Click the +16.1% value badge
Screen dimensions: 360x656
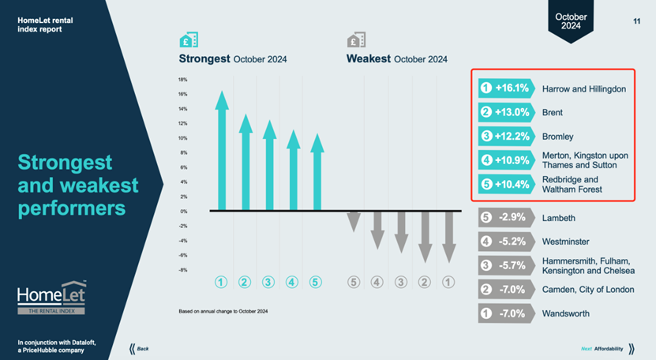pyautogui.click(x=505, y=88)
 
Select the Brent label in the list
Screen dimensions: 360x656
pyautogui.click(x=553, y=113)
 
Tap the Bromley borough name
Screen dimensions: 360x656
pyautogui.click(x=558, y=137)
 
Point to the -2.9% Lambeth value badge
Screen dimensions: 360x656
pyautogui.click(x=505, y=217)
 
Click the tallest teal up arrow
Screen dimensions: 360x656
pyautogui.click(x=222, y=150)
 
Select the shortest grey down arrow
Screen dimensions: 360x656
pyautogui.click(x=354, y=220)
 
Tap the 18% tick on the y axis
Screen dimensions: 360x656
pyautogui.click(x=182, y=80)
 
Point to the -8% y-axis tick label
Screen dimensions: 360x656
pyautogui.click(x=182, y=270)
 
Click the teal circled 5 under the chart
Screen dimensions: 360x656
pyautogui.click(x=316, y=281)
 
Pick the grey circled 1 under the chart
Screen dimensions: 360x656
pyautogui.click(x=448, y=281)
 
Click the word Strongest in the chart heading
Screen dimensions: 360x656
pyautogui.click(x=204, y=59)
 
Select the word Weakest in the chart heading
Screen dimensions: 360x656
pyautogui.click(x=368, y=59)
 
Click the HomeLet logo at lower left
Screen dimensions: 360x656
pyautogui.click(x=51, y=298)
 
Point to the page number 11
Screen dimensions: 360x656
pyautogui.click(x=636, y=21)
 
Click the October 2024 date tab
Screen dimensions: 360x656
pyautogui.click(x=571, y=21)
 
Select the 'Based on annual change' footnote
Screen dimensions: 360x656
pyautogui.click(x=225, y=311)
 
